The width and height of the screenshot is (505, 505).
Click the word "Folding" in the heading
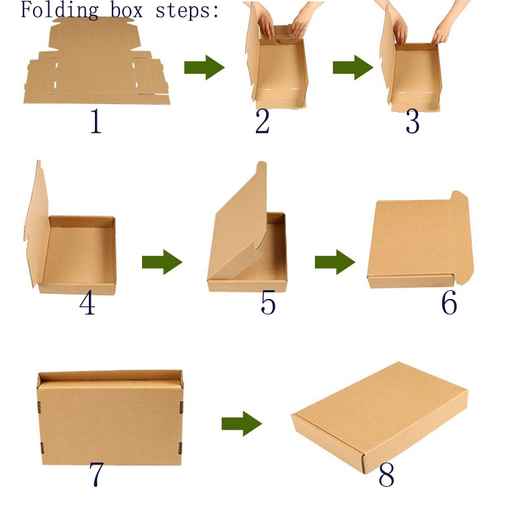coord(59,10)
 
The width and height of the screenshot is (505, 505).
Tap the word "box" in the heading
coord(127,9)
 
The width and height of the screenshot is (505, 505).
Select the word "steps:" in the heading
coord(187,11)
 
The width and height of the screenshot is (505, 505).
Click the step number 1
coord(96,121)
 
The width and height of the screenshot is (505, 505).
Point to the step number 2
coord(263,121)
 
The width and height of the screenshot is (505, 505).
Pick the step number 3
coord(413,121)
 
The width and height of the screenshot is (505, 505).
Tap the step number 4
coord(88,302)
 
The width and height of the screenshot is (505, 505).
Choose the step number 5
coord(268,302)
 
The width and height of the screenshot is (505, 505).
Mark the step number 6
coord(449,302)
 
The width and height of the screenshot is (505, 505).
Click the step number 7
coord(96,474)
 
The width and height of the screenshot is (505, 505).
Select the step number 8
coord(386,475)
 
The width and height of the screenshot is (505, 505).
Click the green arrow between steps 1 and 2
coord(204,67)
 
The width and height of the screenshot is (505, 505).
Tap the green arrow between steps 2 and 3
coord(353,67)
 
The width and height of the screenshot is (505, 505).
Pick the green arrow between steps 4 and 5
coord(162,262)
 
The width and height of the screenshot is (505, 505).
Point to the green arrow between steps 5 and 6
coord(335,262)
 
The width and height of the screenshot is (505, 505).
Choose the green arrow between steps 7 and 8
coord(242,424)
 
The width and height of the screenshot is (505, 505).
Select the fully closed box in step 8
coord(380,416)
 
